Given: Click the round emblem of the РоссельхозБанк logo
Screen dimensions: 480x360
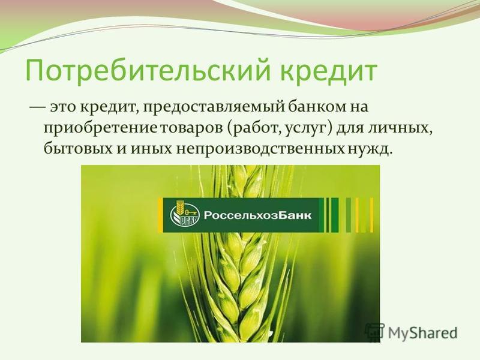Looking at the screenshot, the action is pos(184,215).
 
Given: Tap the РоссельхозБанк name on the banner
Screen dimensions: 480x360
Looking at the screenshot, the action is pos(257,215).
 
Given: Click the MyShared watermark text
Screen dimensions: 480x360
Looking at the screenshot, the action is pos(423,332).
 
